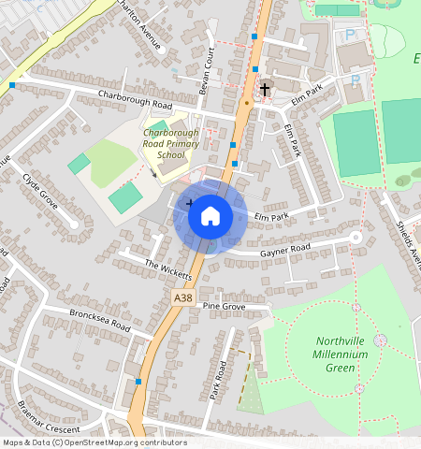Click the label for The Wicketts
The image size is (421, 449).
[x=168, y=269]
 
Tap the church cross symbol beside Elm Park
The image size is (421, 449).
[x=265, y=90]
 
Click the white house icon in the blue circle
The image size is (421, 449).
[x=210, y=216]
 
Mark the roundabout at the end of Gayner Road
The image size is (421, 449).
[x=356, y=238]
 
